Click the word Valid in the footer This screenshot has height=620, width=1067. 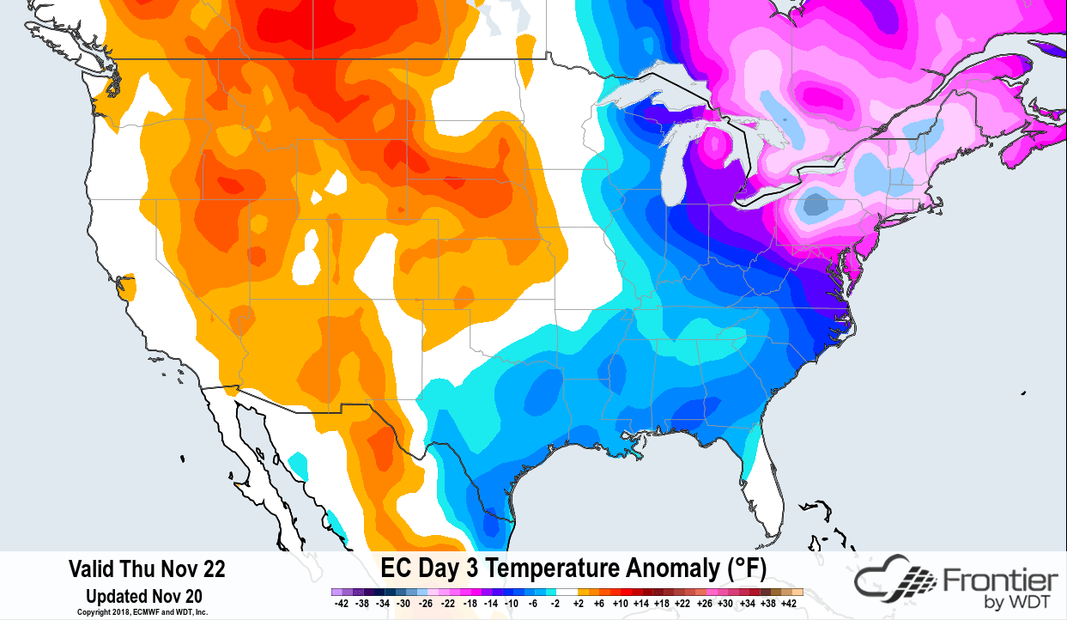coord(88,568)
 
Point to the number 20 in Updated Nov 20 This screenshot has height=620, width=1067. coord(193,595)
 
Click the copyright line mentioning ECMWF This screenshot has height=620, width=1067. coord(142,612)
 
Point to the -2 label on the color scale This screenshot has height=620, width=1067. coord(555,604)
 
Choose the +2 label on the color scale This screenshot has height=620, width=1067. coord(579,604)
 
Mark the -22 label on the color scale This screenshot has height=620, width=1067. coord(449,604)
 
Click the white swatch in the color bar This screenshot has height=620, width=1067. coord(567,592)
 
